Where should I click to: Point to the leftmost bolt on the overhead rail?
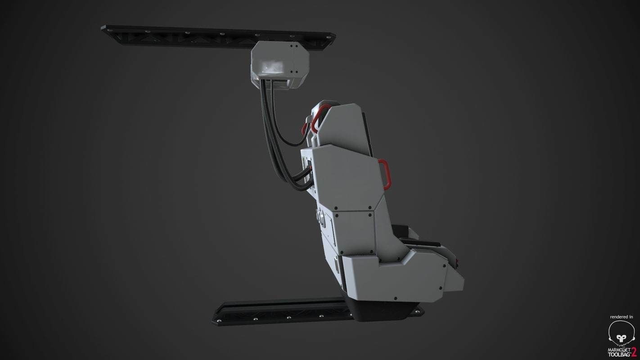pyautogui.click(x=107, y=29)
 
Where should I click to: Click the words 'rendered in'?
pyautogui.click(x=622, y=317)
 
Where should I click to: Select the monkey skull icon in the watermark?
pyautogui.click(x=621, y=333)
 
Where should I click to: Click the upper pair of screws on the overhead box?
pyautogui.click(x=294, y=46)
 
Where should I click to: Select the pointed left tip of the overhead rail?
pyautogui.click(x=102, y=29)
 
